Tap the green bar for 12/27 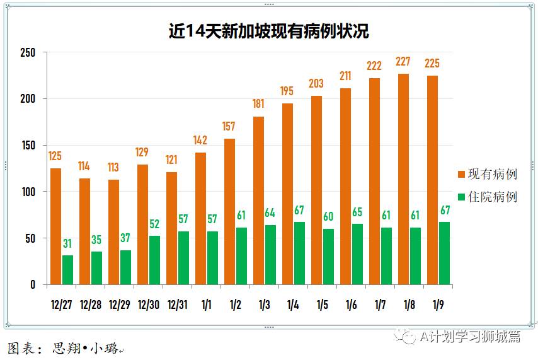68,270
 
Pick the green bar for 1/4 299,253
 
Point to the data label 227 403,62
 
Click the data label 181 258,104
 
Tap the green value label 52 154,224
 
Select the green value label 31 67,244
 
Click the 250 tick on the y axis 28,52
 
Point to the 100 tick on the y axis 28,192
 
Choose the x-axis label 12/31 178,305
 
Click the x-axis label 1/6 352,305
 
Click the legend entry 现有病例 492,174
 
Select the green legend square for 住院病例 461,197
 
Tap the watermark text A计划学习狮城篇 469,337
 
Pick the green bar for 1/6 357,254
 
